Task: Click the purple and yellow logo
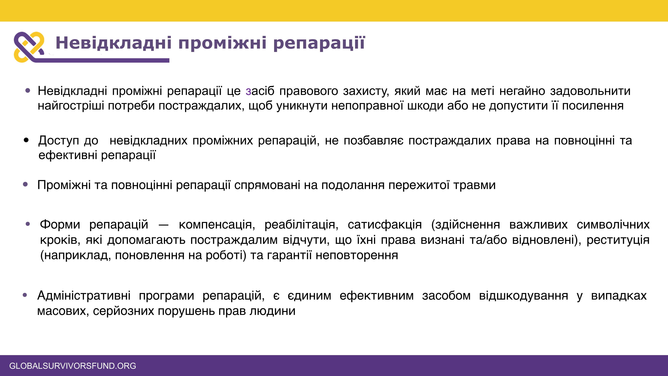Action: pyautogui.click(x=29, y=47)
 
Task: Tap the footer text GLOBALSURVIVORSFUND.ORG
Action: pyautogui.click(x=73, y=366)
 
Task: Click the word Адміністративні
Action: pyautogui.click(x=84, y=296)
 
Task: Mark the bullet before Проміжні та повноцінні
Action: pyautogui.click(x=25, y=184)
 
